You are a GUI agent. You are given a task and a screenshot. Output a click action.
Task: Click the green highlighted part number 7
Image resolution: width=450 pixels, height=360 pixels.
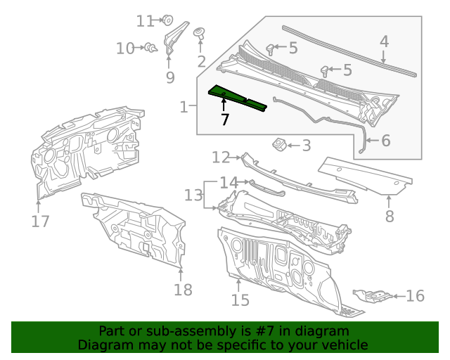(x=237, y=97)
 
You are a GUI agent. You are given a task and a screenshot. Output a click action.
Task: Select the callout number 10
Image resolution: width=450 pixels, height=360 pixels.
(x=125, y=49)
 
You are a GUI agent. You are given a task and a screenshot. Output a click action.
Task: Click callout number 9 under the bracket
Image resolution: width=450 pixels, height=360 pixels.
(x=170, y=77)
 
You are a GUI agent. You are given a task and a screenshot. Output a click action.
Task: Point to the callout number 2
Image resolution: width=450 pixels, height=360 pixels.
(x=202, y=61)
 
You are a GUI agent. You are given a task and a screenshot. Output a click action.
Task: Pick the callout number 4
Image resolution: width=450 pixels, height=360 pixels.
(x=384, y=41)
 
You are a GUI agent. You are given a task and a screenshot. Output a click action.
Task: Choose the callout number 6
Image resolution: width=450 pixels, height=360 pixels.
(x=385, y=141)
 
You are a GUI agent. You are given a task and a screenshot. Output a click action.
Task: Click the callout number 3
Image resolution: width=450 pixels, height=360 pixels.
(x=306, y=146)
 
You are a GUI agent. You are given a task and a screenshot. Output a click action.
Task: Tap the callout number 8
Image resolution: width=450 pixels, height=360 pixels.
(x=390, y=217)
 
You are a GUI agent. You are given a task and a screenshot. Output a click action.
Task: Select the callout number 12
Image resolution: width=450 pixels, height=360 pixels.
(x=221, y=157)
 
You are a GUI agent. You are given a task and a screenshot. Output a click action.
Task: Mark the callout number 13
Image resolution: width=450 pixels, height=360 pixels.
(x=193, y=195)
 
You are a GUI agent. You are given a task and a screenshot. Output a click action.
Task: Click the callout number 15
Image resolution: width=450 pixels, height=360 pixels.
(x=240, y=300)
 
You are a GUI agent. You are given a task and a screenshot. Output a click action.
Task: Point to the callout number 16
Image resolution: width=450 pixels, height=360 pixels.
(x=416, y=295)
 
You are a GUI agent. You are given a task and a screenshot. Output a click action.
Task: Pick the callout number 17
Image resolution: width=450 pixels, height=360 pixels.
(x=40, y=221)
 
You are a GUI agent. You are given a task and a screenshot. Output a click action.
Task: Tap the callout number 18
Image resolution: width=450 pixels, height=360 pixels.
(x=182, y=289)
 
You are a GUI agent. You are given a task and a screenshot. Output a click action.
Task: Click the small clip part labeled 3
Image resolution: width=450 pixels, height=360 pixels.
(x=278, y=144)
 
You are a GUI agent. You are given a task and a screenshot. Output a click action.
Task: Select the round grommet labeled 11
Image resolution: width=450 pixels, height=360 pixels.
(x=169, y=20)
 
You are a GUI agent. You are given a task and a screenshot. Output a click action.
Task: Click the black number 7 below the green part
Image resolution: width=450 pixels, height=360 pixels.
(x=225, y=120)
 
